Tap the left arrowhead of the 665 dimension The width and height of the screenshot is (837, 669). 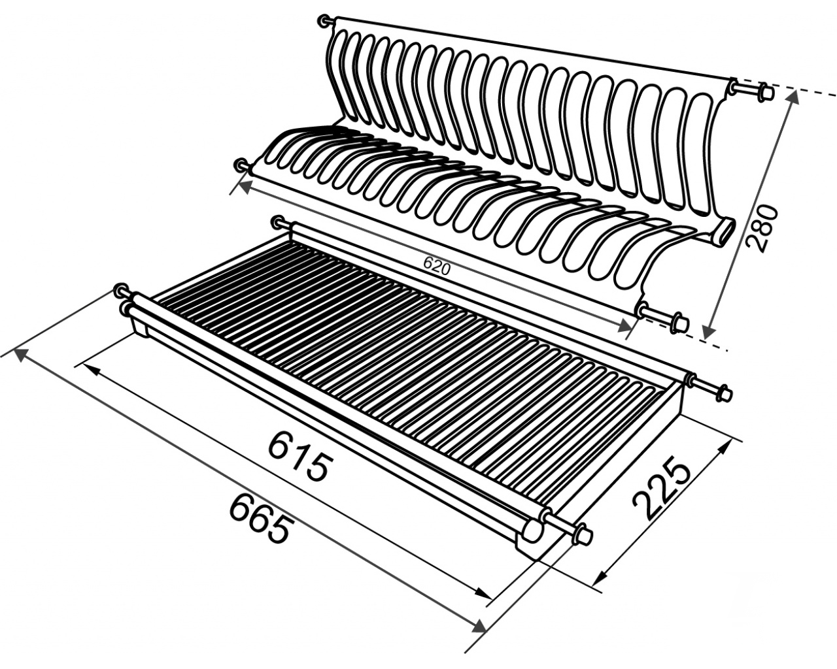coord(22,354)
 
